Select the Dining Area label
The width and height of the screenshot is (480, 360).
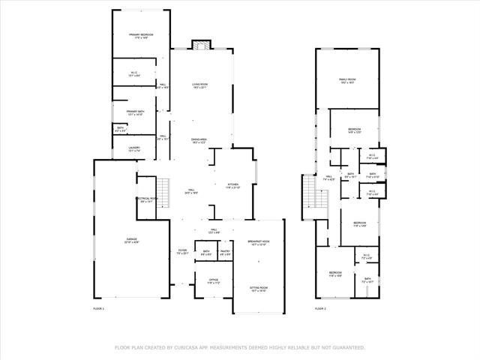[199, 139]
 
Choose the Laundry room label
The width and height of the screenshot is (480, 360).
[135, 148]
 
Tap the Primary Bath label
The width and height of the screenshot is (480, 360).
[135, 112]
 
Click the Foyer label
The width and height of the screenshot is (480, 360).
[182, 250]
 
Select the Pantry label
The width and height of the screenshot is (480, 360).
[225, 251]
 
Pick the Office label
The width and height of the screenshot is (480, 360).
[214, 281]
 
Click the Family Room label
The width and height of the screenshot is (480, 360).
[346, 79]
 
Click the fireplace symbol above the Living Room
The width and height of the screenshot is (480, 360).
[199, 46]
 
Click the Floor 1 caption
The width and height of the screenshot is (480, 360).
[99, 308]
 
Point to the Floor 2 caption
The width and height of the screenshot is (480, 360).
[320, 308]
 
